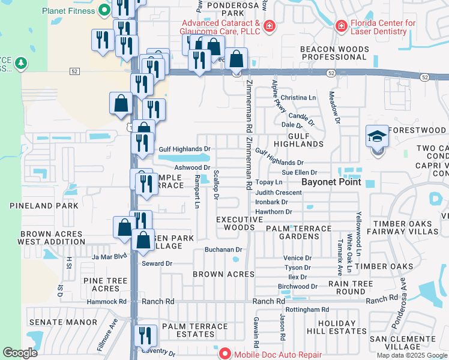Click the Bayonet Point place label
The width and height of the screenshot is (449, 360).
331,182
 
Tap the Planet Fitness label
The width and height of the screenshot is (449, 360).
68,11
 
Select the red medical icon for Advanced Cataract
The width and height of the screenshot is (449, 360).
270,26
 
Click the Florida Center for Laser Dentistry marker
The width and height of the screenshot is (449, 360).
341,26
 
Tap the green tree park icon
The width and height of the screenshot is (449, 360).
21,63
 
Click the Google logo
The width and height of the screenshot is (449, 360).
20,353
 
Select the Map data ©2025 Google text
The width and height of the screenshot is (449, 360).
411,355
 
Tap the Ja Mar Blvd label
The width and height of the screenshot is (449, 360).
110,256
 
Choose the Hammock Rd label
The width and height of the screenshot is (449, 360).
107,301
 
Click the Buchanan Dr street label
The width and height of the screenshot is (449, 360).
223,249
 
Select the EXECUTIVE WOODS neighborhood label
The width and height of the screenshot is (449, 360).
240,223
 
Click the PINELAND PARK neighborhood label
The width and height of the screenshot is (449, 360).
44,206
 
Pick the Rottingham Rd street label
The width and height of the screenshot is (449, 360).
308,310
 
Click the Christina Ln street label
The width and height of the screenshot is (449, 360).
298,97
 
